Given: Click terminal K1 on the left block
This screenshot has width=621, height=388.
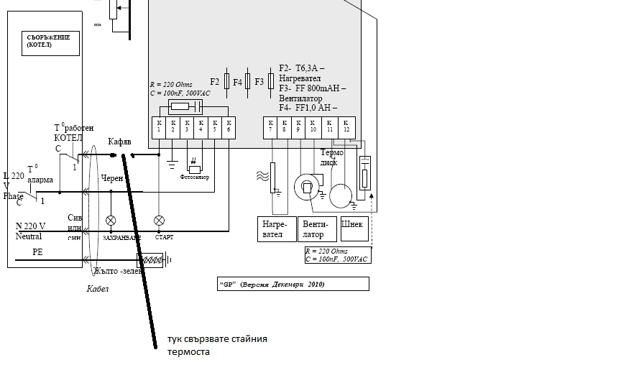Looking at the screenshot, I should (x=158, y=126).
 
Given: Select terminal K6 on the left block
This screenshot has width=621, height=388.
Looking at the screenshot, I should (x=228, y=126).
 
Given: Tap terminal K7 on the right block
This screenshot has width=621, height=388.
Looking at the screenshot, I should (x=271, y=126).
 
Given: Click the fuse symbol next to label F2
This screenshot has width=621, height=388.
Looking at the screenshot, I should (x=227, y=81).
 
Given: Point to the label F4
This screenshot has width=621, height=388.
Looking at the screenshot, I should (x=237, y=82).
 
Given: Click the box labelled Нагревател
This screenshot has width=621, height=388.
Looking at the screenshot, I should (x=276, y=229).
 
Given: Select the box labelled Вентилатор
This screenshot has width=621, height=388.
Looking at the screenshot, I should (x=316, y=229).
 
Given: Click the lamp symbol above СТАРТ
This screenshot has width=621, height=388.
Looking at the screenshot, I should (x=160, y=220).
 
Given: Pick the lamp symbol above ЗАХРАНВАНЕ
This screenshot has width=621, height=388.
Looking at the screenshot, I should (x=111, y=220).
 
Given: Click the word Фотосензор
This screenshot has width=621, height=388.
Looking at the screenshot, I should (x=194, y=177).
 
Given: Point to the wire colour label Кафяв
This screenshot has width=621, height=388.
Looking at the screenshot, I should (x=119, y=142).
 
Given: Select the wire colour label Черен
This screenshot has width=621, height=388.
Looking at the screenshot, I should (x=112, y=177).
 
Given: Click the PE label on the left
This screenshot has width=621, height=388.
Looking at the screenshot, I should (x=37, y=252).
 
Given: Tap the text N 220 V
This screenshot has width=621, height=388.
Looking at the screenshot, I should (x=31, y=226).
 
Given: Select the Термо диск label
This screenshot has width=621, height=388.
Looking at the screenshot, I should (x=331, y=157).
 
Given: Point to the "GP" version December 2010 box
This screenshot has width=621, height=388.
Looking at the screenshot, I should (x=293, y=284).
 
